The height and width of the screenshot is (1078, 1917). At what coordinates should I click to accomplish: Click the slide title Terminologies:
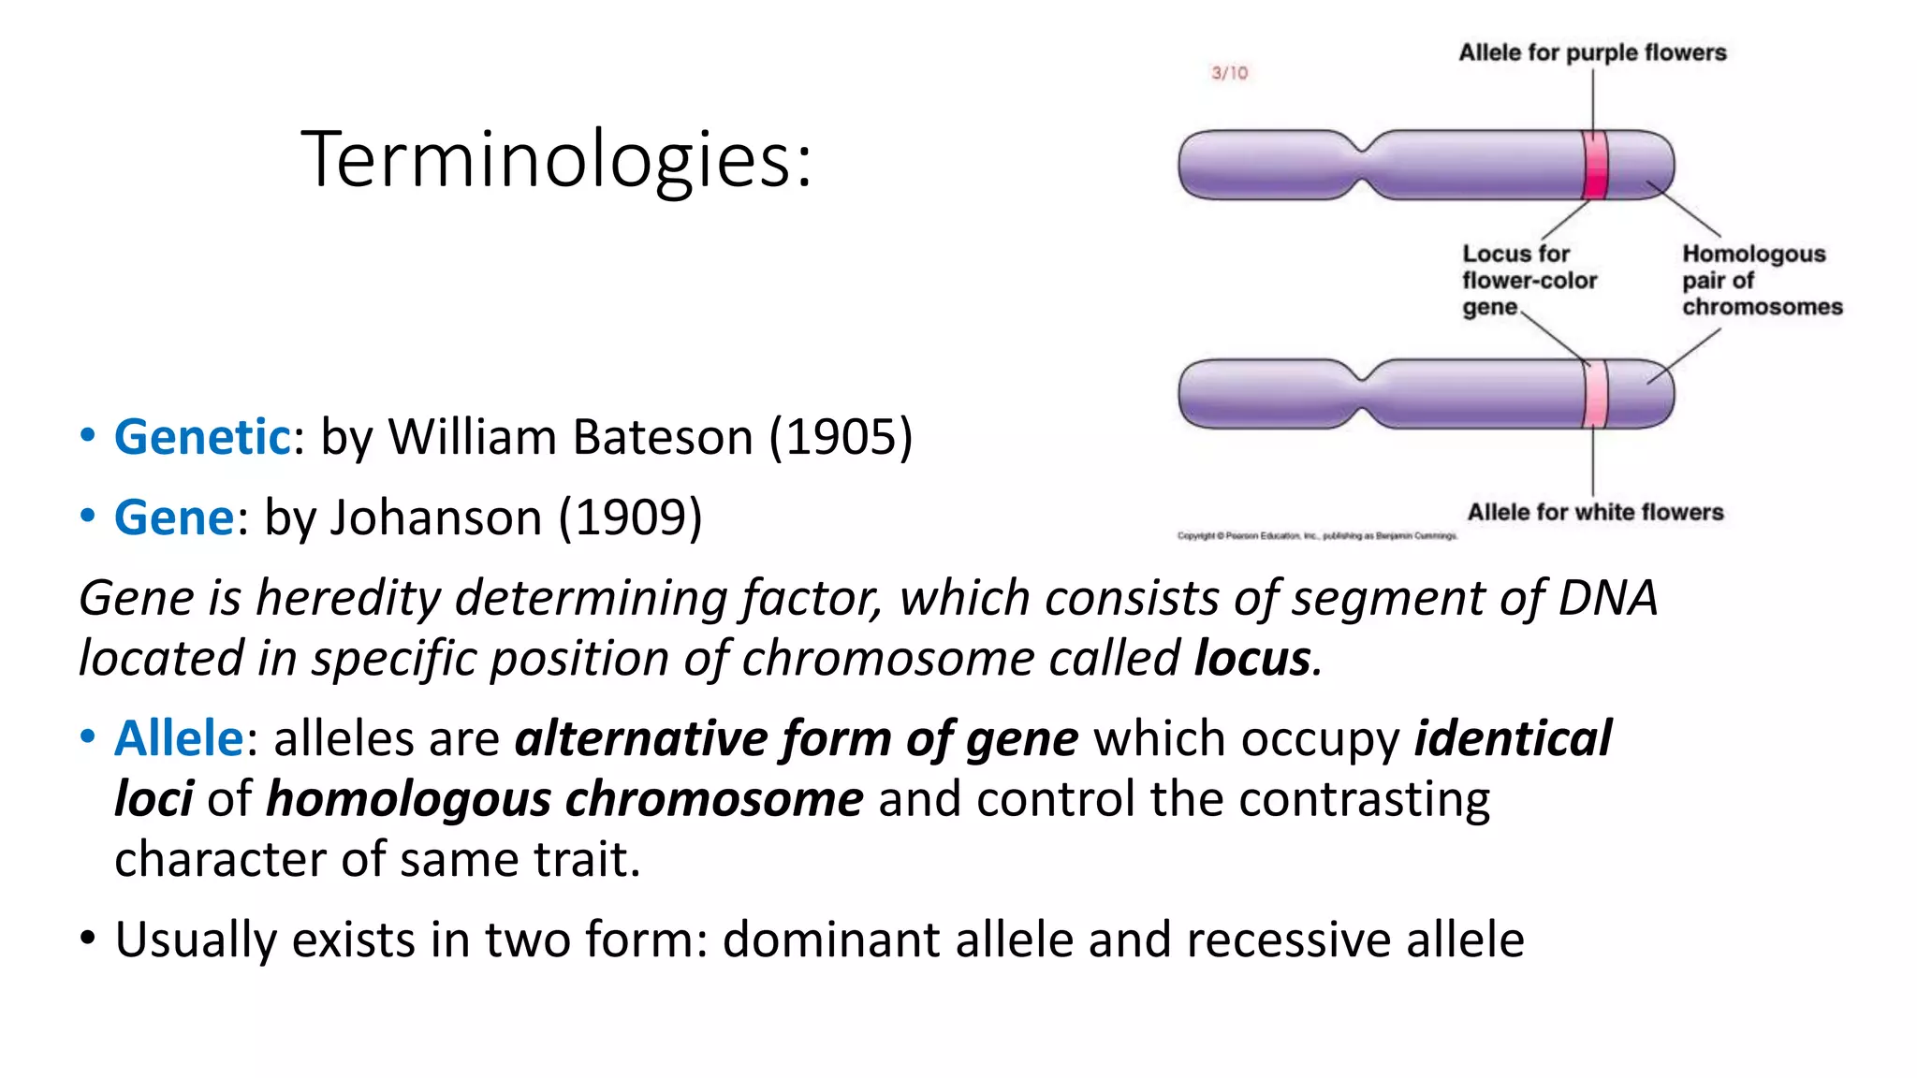pyautogui.click(x=556, y=159)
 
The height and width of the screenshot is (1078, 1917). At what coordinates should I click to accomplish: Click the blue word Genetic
pyautogui.click(x=202, y=437)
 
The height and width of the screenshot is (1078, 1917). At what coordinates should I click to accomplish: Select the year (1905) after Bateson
pyautogui.click(x=840, y=437)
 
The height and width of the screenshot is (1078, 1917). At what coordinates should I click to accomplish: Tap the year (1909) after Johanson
pyautogui.click(x=630, y=517)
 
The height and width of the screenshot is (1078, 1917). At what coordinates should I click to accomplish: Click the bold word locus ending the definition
pyautogui.click(x=1252, y=658)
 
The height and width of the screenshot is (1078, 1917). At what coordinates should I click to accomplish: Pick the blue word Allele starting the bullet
pyautogui.click(x=179, y=738)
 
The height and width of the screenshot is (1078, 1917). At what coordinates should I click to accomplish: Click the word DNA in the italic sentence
pyautogui.click(x=1607, y=598)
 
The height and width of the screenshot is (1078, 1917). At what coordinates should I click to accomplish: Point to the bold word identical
pyautogui.click(x=1513, y=738)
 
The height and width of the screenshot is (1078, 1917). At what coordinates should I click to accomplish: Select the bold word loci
pyautogui.click(x=154, y=799)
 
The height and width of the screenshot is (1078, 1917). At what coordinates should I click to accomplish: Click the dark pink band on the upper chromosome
pyautogui.click(x=1595, y=165)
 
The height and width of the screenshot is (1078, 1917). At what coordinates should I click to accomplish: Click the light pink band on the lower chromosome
pyautogui.click(x=1595, y=394)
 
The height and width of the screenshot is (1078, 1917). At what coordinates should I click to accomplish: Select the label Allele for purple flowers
pyautogui.click(x=1592, y=52)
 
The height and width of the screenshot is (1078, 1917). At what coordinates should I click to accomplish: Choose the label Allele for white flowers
pyautogui.click(x=1595, y=512)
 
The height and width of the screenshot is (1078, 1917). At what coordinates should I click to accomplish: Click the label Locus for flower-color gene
pyautogui.click(x=1529, y=280)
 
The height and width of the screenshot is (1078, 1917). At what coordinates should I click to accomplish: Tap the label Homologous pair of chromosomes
pyautogui.click(x=1761, y=280)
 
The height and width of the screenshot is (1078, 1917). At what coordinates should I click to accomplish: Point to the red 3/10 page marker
pyautogui.click(x=1229, y=73)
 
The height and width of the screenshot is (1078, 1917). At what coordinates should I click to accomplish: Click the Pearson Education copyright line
pyautogui.click(x=1317, y=536)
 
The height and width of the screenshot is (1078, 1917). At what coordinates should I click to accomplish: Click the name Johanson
pyautogui.click(x=435, y=517)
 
